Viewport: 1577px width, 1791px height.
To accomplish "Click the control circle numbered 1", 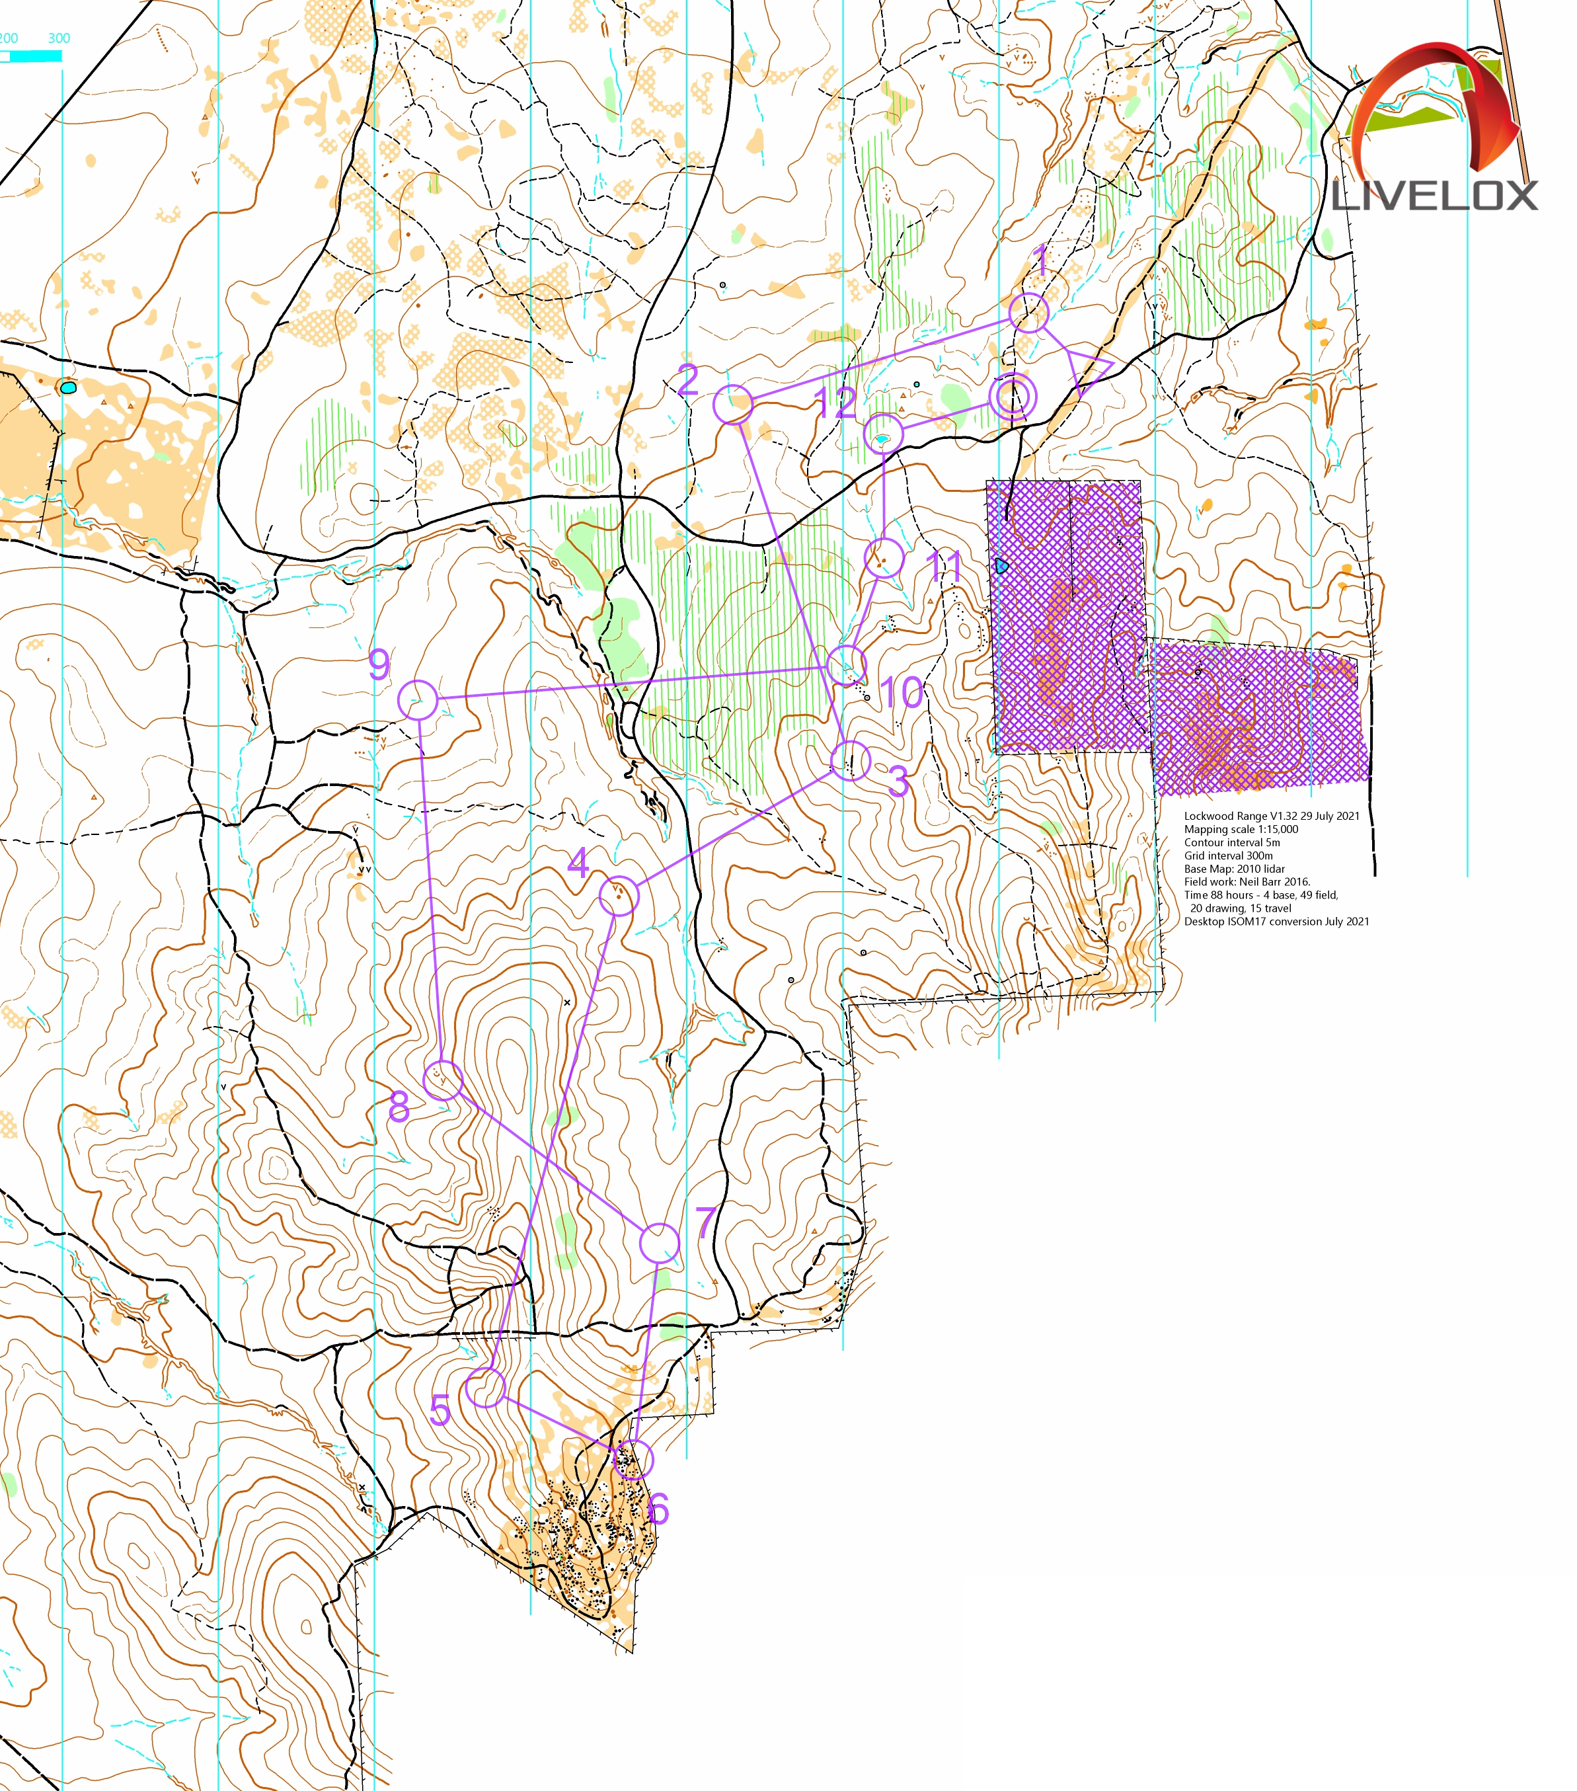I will [x=1028, y=313].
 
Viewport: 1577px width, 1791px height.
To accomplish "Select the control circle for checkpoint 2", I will [x=732, y=404].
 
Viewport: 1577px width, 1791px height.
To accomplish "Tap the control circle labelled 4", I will [x=619, y=895].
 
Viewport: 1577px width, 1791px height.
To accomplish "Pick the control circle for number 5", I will [x=485, y=1387].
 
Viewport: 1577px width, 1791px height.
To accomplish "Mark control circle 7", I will [x=659, y=1244].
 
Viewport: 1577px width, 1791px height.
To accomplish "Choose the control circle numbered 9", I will [x=418, y=700].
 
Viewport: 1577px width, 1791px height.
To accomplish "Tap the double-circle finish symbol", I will [x=1013, y=396].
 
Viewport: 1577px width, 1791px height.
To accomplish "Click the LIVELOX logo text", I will [x=1434, y=196].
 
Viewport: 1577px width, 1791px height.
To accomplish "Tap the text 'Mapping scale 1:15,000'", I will [x=1241, y=829].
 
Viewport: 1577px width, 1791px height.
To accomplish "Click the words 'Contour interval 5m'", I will [x=1232, y=842].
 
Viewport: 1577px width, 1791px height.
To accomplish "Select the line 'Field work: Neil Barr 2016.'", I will [x=1247, y=881].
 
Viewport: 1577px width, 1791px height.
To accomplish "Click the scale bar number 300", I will [x=59, y=38].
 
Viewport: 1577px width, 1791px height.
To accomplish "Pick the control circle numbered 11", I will [x=884, y=557].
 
